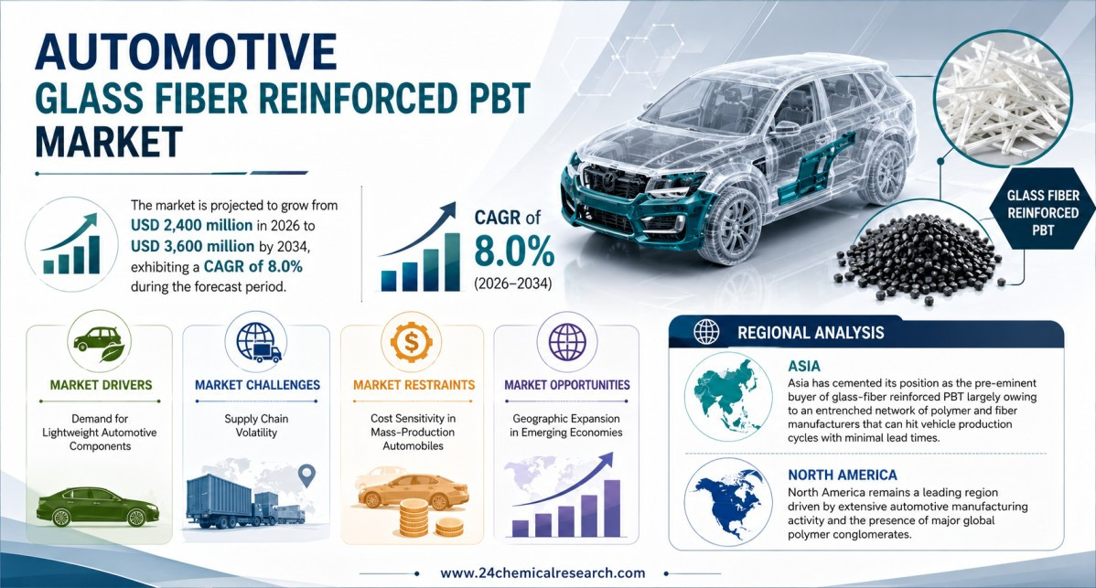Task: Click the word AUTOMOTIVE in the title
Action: tap(185, 51)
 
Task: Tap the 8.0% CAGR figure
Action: tap(514, 251)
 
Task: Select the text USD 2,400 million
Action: tap(191, 226)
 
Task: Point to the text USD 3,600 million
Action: tap(192, 247)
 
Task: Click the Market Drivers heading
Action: tap(101, 385)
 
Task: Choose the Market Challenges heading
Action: tap(257, 385)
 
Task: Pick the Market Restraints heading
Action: tap(414, 385)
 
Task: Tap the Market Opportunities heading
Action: tap(567, 385)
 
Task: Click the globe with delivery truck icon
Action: tap(258, 342)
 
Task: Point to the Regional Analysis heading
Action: tap(811, 333)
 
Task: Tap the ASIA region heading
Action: tap(804, 366)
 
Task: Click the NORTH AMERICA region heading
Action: tap(843, 475)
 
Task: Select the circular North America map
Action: tap(727, 501)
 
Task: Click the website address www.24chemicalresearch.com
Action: tap(543, 572)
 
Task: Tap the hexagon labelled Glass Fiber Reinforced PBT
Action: tap(1043, 212)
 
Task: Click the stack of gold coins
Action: tap(427, 519)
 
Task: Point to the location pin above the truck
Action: tap(306, 476)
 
